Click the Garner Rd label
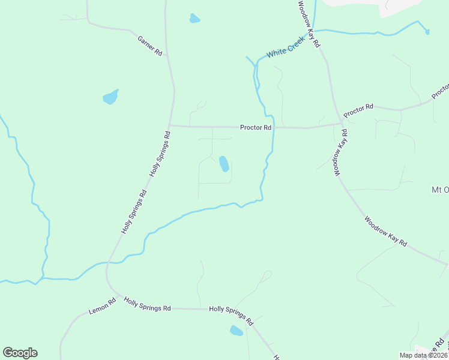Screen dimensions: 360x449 tap(150, 46)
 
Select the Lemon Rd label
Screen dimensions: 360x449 tap(101, 307)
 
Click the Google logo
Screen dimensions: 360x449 tap(20, 353)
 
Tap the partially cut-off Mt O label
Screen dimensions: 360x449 tap(440, 190)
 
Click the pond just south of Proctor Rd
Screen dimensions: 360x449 tap(224, 163)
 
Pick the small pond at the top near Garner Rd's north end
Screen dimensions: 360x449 tap(194, 19)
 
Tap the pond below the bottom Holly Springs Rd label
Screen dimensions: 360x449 tap(237, 331)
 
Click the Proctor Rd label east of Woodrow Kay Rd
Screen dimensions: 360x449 tap(358, 110)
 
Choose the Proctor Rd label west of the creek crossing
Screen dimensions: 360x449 tap(256, 127)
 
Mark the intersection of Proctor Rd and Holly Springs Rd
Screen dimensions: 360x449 tap(170, 126)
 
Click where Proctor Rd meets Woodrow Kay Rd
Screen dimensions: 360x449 tap(341, 124)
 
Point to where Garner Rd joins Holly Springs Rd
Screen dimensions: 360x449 tap(167, 55)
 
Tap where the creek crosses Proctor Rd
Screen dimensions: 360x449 tap(274, 127)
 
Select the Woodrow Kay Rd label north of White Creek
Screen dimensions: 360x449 tap(310, 24)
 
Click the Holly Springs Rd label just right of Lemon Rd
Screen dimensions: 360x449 tap(147, 308)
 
